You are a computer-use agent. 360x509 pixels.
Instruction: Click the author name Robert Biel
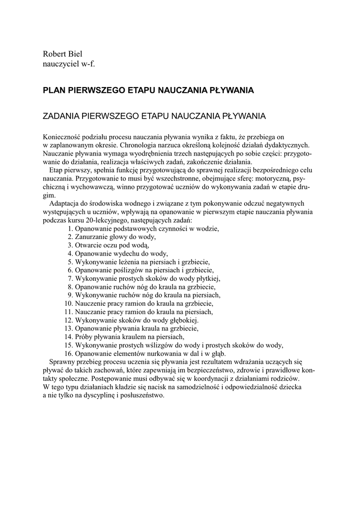62,54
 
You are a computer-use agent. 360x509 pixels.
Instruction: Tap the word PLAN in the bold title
55,90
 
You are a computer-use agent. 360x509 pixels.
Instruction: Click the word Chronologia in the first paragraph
141,145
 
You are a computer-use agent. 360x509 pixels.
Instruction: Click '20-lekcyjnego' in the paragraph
107,220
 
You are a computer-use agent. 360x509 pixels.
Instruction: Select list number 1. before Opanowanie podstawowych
70,228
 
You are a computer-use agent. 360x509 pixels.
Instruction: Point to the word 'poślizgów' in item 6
127,270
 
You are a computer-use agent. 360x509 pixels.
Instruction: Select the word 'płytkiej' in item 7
206,278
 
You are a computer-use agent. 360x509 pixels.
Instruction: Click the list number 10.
69,303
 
